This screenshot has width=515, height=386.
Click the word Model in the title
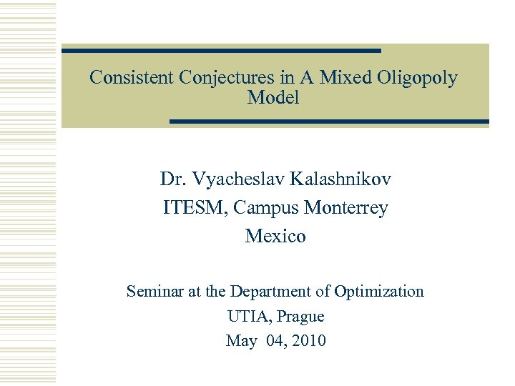click(x=273, y=98)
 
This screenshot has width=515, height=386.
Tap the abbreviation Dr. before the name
click(x=172, y=179)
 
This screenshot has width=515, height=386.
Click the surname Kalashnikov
click(x=343, y=179)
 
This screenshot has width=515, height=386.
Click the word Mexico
click(x=275, y=236)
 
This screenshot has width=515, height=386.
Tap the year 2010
click(x=309, y=341)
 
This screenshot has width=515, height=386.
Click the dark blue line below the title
click(x=329, y=122)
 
